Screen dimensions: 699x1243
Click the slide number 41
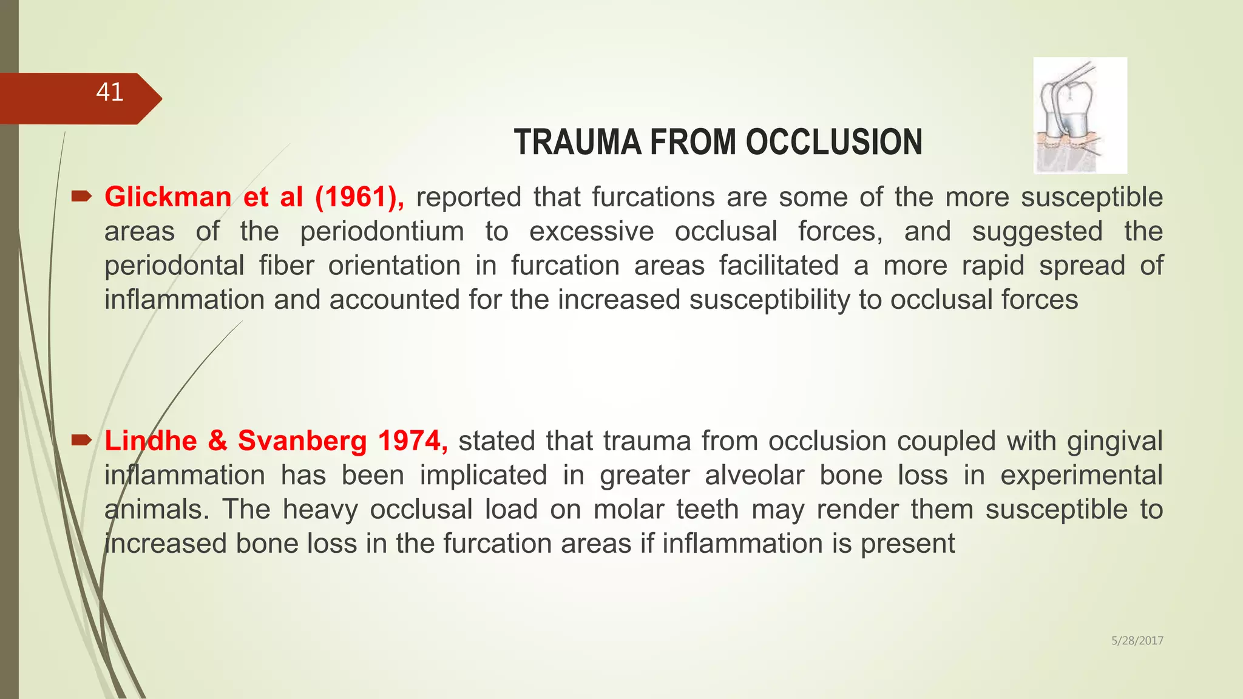pos(110,92)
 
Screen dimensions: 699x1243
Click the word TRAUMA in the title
pos(577,143)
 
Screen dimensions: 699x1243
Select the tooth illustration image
pos(1080,115)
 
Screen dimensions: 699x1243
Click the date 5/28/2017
pos(1137,641)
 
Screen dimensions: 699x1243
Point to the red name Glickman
pos(168,197)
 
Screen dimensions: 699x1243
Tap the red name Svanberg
pos(302,441)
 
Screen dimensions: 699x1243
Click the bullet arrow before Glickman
pos(81,196)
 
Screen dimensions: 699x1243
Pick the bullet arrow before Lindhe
pos(81,440)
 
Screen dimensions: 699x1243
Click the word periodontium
pos(382,232)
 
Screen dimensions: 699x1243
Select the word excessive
pos(591,232)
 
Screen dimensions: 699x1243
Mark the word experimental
pos(1081,475)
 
